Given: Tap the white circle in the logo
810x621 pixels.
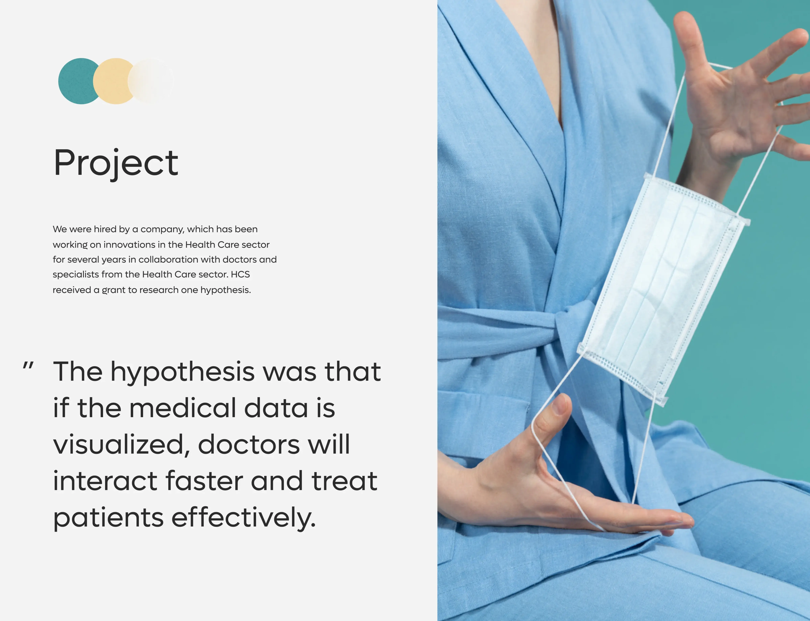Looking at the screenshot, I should [152, 81].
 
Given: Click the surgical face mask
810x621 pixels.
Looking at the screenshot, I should [662, 285].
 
